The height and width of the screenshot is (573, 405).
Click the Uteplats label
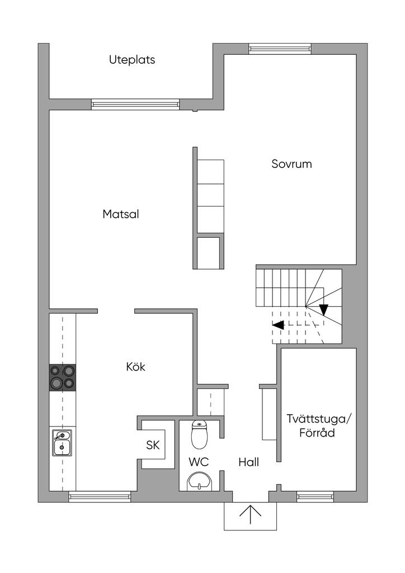[132, 60]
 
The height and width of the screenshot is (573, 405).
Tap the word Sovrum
[291, 164]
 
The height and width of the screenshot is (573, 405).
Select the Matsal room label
[121, 214]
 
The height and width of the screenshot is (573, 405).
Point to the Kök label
[136, 367]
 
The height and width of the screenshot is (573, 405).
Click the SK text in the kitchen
[153, 445]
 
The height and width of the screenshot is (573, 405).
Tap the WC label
[199, 462]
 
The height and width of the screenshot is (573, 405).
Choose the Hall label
[248, 462]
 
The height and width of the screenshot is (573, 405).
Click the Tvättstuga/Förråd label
[319, 425]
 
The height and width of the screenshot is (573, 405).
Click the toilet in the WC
[199, 435]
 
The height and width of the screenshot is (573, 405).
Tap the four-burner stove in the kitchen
[62, 377]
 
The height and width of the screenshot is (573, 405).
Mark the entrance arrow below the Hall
[251, 514]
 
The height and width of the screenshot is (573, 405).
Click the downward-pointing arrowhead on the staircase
[323, 309]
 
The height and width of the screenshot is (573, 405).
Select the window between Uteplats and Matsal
[135, 104]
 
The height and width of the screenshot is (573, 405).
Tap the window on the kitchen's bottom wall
[100, 496]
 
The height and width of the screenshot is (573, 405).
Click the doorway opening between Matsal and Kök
[116, 311]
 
